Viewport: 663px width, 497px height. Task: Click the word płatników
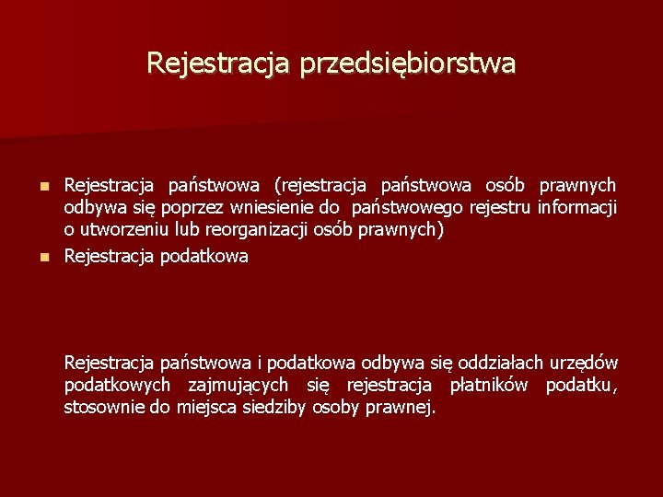click(489, 385)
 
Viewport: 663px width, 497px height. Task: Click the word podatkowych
click(117, 386)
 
